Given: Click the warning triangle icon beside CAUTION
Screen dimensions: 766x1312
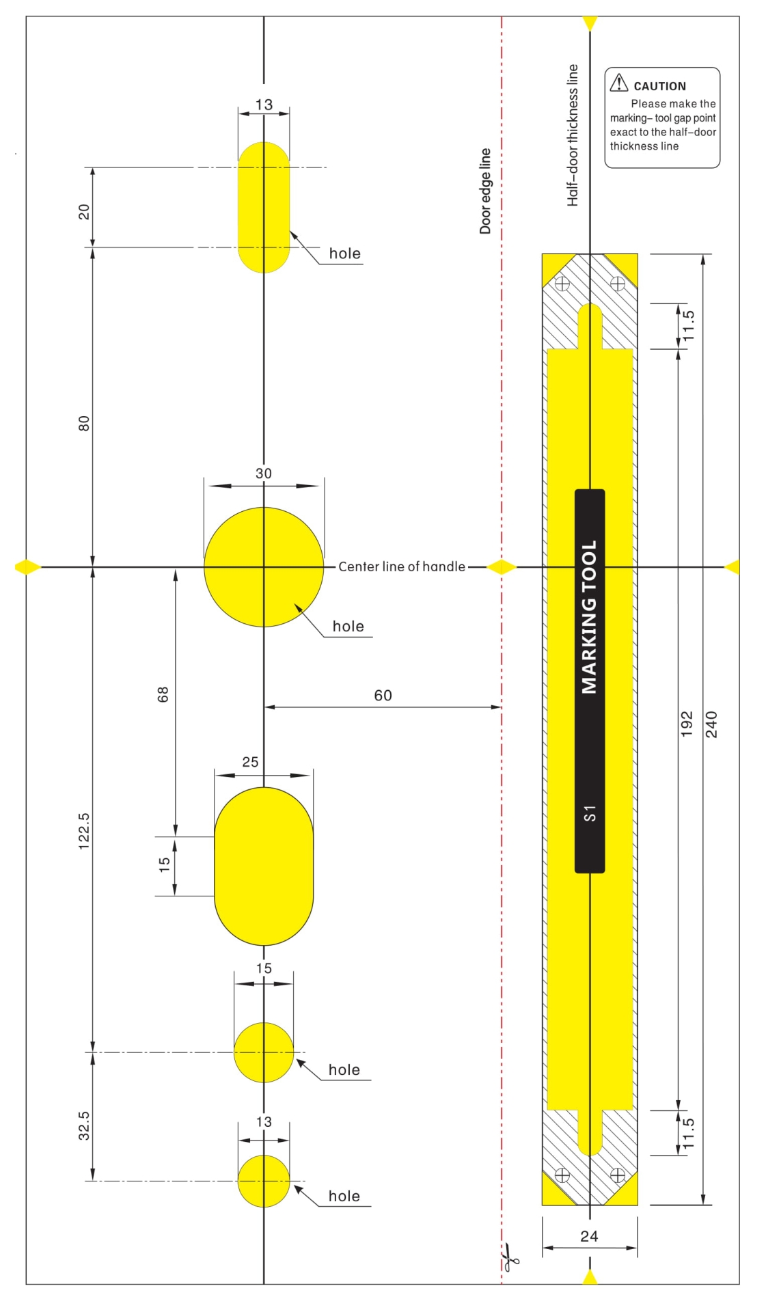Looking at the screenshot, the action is [x=618, y=83].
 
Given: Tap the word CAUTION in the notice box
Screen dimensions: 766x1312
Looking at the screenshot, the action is [x=659, y=86].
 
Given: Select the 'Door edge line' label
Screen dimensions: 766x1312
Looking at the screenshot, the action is [x=485, y=191].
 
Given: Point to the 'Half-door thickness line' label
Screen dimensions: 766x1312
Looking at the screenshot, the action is [x=573, y=135].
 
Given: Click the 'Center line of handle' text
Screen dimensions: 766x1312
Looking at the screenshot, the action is [x=402, y=566].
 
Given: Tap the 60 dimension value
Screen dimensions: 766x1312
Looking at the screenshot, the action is [x=383, y=696].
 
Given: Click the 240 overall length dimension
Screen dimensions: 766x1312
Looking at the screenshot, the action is [x=711, y=724].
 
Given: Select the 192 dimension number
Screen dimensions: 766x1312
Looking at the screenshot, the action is [x=687, y=724].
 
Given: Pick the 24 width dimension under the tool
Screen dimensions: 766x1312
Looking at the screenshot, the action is [x=589, y=1236].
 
